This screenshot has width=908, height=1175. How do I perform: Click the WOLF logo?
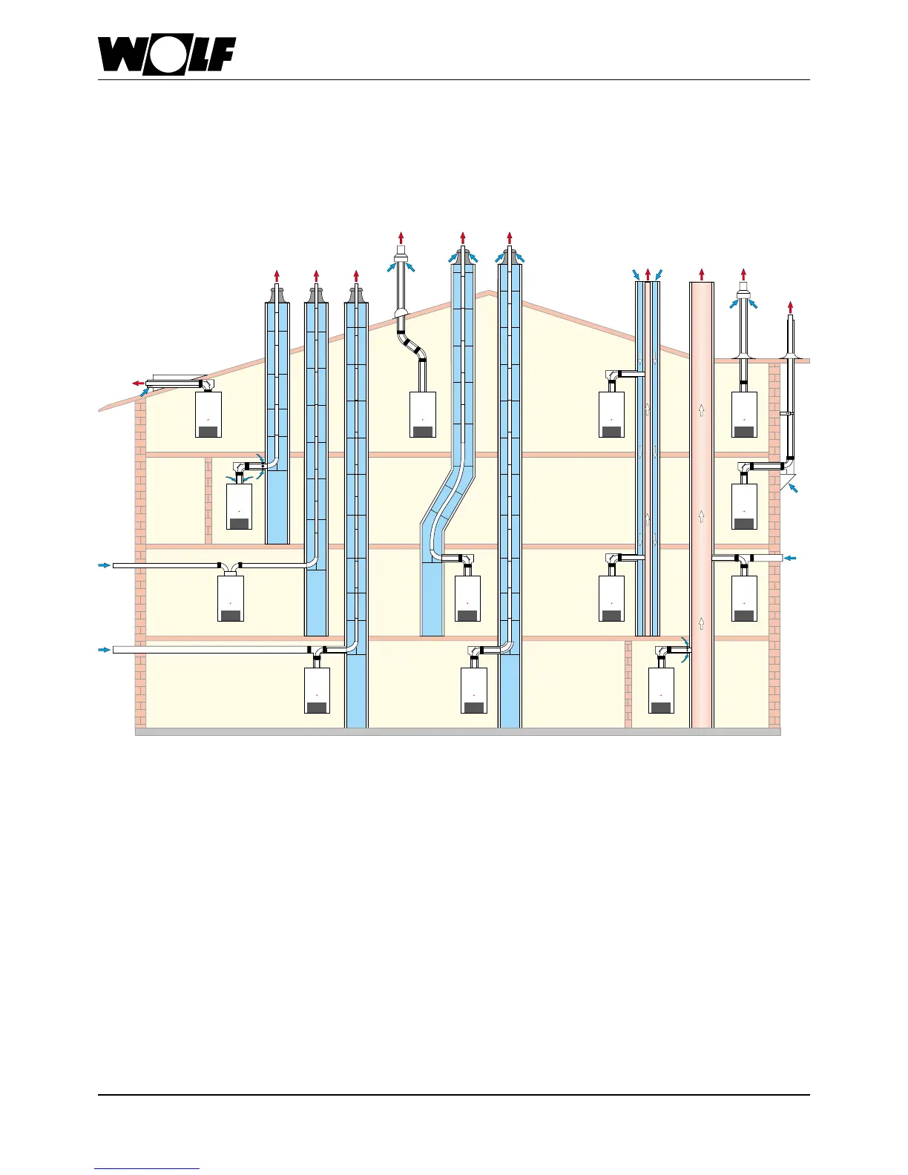point(167,56)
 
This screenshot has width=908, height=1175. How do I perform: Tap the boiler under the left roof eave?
point(208,415)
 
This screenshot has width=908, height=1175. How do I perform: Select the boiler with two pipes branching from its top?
point(231,598)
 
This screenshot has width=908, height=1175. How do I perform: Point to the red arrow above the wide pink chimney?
point(701,274)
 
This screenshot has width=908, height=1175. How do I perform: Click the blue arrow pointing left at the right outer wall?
point(791,558)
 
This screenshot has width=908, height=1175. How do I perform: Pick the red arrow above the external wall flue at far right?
point(791,306)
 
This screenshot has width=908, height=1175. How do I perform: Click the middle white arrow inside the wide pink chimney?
point(701,516)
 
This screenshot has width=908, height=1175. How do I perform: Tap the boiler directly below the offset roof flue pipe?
point(423,415)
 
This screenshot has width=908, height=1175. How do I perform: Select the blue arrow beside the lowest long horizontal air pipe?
point(104,650)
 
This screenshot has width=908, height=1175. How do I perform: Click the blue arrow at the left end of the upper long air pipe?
point(104,565)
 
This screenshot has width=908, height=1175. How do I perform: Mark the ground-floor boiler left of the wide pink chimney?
point(661,690)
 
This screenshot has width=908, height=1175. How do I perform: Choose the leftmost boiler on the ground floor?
point(317,690)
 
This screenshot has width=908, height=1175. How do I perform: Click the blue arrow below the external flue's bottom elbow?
point(794,487)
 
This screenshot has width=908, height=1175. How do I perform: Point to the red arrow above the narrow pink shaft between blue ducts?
point(648,274)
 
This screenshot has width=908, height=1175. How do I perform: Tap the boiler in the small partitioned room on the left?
point(239,507)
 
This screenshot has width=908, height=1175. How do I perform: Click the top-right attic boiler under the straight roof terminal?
point(744,415)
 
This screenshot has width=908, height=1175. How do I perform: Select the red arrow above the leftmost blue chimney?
point(277,277)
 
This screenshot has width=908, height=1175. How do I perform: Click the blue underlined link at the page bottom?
point(147,1168)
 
